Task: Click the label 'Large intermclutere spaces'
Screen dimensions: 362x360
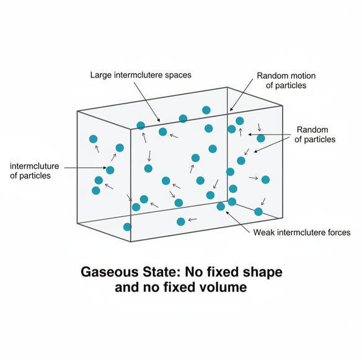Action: pos(141,75)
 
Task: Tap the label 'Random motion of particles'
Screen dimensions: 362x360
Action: pos(286,81)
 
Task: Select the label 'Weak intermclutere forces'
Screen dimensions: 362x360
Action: pos(302,232)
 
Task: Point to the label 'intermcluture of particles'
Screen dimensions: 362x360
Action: pos(34,171)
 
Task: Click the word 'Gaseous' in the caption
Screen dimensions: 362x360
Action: pos(110,272)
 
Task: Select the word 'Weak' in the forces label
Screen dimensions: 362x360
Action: pos(263,232)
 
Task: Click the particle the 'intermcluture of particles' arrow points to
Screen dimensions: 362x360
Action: pos(110,170)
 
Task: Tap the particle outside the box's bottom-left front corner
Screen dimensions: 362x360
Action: pos(127,227)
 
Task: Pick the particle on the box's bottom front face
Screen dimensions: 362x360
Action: pos(181,222)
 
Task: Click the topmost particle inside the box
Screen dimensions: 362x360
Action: pos(206,110)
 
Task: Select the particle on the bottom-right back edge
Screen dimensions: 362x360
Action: pos(258,212)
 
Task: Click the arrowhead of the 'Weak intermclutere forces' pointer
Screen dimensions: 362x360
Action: pos(227,213)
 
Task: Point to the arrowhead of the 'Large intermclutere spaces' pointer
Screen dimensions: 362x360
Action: pos(159,120)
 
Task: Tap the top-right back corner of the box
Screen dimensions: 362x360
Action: pos(283,106)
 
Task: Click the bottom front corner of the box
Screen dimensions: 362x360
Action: pos(131,242)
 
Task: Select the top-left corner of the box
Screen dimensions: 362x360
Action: pos(77,112)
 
